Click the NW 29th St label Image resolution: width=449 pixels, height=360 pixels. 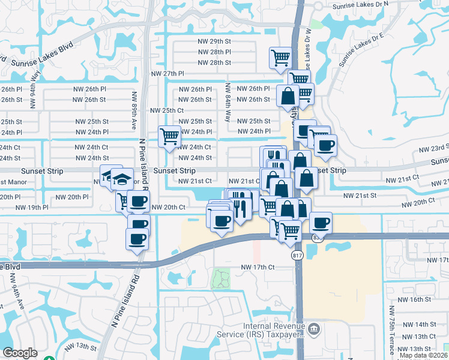(x=214, y=41)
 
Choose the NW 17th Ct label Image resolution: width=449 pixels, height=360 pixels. (x=258, y=267)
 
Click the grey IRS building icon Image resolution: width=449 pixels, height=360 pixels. (x=314, y=328)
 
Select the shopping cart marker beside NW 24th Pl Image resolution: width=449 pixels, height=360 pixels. (x=169, y=137)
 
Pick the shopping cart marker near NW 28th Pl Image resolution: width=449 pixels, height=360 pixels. (x=280, y=58)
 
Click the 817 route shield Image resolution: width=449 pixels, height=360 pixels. (x=296, y=256)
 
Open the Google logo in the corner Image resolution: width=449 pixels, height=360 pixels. (x=20, y=353)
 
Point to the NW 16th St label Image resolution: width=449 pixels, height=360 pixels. (x=418, y=299)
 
